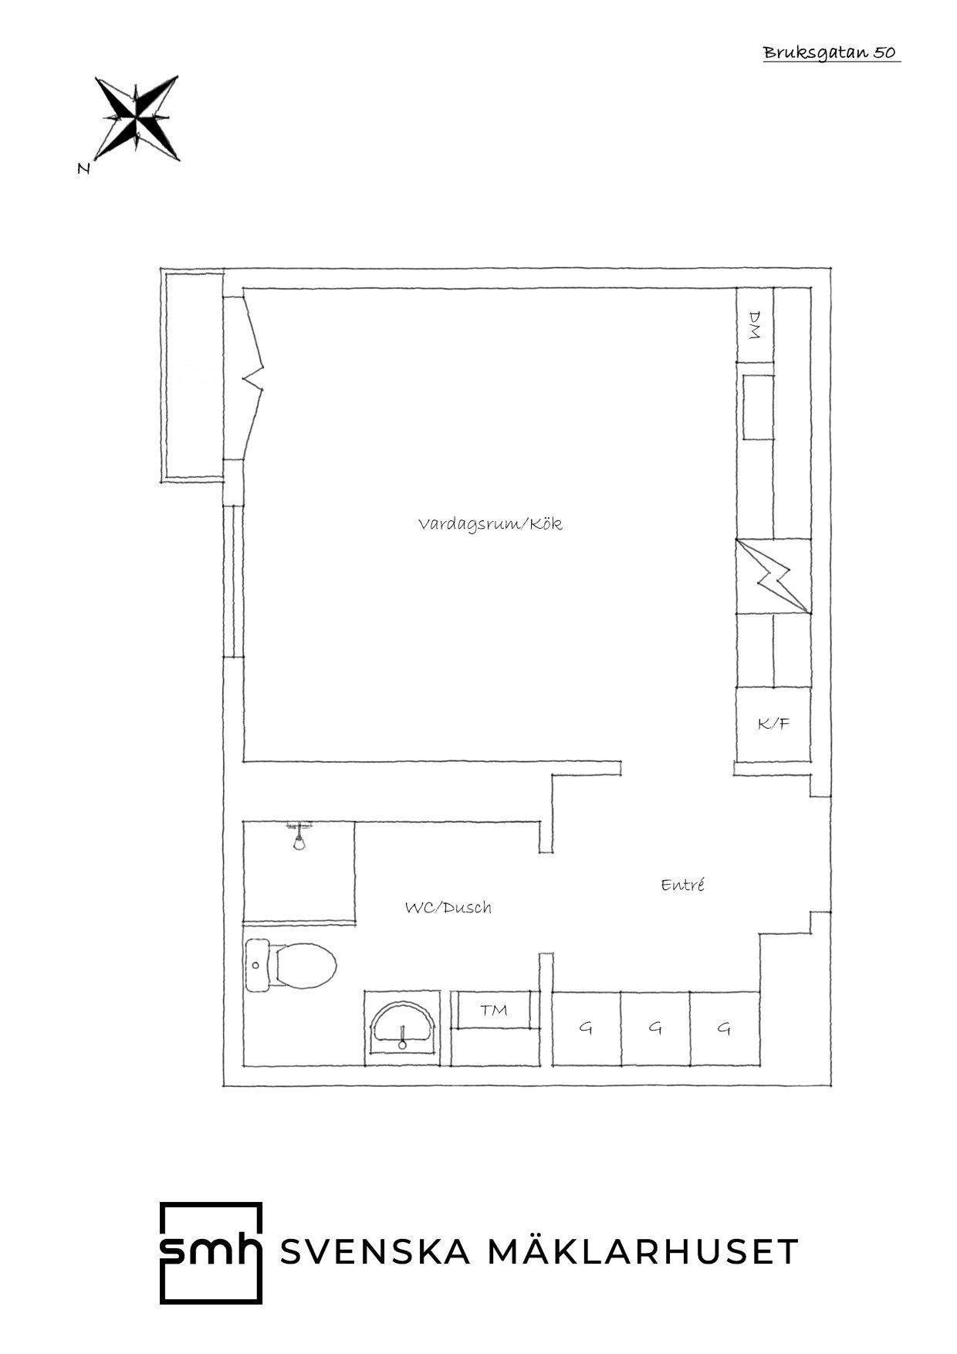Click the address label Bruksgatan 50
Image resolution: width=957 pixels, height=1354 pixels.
(x=830, y=52)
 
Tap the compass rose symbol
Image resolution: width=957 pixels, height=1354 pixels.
(x=137, y=118)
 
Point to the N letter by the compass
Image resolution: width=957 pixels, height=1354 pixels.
(x=84, y=169)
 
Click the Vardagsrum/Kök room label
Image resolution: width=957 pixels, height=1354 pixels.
(x=490, y=524)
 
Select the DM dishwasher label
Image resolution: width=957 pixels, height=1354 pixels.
(x=755, y=325)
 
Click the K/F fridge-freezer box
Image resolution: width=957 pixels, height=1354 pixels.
(x=773, y=724)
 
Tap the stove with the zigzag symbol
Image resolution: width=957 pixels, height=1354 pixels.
(x=773, y=576)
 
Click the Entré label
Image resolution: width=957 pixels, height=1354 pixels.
(x=683, y=885)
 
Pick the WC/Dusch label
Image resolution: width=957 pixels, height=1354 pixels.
(x=448, y=908)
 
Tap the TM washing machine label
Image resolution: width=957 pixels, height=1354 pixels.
(x=494, y=1010)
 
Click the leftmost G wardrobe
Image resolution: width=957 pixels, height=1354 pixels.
(x=587, y=1028)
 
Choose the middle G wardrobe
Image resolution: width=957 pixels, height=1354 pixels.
(x=655, y=1028)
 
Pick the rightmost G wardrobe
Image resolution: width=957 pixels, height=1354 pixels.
(x=725, y=1028)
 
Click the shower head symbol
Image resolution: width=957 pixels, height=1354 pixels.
(x=299, y=837)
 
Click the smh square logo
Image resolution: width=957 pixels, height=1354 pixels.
(x=211, y=1253)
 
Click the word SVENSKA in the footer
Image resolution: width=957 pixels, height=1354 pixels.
(x=375, y=1252)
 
